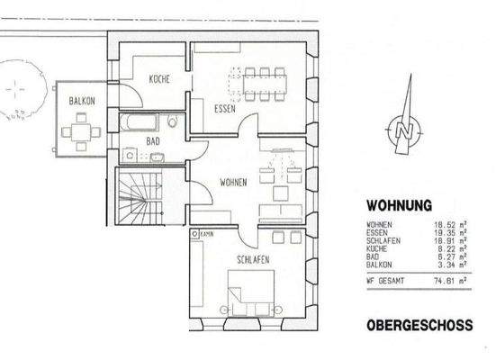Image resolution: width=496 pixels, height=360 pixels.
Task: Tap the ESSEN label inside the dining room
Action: click(224, 108)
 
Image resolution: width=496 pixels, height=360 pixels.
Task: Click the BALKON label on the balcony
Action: click(82, 103)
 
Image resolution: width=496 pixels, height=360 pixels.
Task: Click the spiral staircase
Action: click(138, 201)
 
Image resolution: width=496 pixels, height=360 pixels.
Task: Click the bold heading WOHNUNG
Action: click(399, 205)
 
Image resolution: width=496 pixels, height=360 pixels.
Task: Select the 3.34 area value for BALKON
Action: click(446, 265)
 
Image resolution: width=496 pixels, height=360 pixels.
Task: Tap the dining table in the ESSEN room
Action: click(263, 83)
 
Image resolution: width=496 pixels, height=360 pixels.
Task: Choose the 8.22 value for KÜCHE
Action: click(446, 249)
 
